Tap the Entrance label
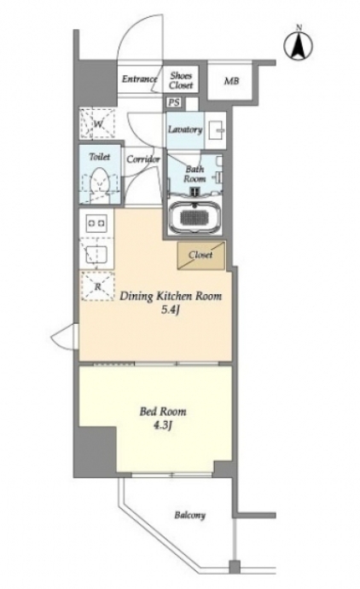(x=139, y=79)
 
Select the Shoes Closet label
(x=181, y=80)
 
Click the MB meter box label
(x=231, y=81)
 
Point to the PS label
(x=174, y=102)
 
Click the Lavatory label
(x=185, y=130)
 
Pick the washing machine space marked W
(x=97, y=124)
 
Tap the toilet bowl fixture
(x=100, y=185)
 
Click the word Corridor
(x=143, y=159)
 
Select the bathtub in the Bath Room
(x=195, y=218)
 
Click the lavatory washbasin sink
(x=217, y=130)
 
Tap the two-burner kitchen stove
(x=96, y=223)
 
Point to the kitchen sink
(x=96, y=254)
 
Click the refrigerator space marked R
(x=98, y=286)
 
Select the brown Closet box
(x=201, y=256)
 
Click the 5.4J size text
(x=166, y=310)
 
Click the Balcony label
(x=189, y=515)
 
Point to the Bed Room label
(x=163, y=412)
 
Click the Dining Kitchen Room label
(x=171, y=296)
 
